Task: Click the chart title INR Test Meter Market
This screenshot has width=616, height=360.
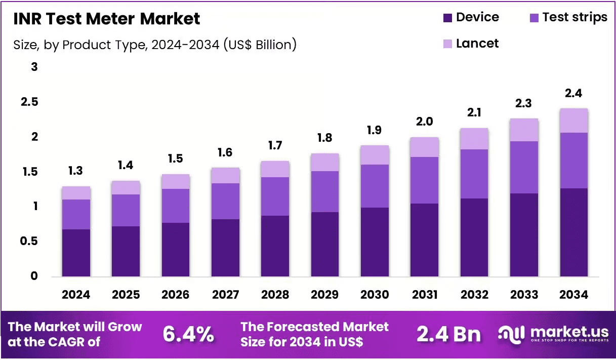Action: click(107, 19)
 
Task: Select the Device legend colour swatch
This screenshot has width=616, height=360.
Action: click(447, 18)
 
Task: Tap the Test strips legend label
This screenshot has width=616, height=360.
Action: click(575, 17)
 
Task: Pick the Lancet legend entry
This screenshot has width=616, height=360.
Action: click(471, 44)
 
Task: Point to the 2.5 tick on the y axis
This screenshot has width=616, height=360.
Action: click(29, 102)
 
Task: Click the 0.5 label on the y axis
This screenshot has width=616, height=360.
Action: click(29, 241)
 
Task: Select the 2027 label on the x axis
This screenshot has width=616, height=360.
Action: click(225, 295)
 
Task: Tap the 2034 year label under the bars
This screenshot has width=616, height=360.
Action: click(573, 295)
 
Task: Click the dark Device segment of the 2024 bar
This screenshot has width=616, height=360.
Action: click(76, 253)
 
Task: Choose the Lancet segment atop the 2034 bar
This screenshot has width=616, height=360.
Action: click(574, 121)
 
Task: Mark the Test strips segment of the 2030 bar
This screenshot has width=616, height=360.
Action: click(375, 186)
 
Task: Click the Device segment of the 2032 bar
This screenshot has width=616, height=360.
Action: click(474, 237)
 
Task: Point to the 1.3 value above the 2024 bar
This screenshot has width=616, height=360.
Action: click(75, 171)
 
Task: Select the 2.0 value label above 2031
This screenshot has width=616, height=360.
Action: click(424, 122)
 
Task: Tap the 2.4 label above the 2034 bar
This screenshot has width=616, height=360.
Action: click(573, 94)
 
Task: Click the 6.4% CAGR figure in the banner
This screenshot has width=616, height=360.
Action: click(188, 334)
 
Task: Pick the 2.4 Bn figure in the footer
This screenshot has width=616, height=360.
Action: click(449, 334)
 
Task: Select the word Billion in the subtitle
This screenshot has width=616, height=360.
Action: click(273, 45)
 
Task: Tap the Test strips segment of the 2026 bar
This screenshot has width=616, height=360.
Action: click(176, 206)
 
